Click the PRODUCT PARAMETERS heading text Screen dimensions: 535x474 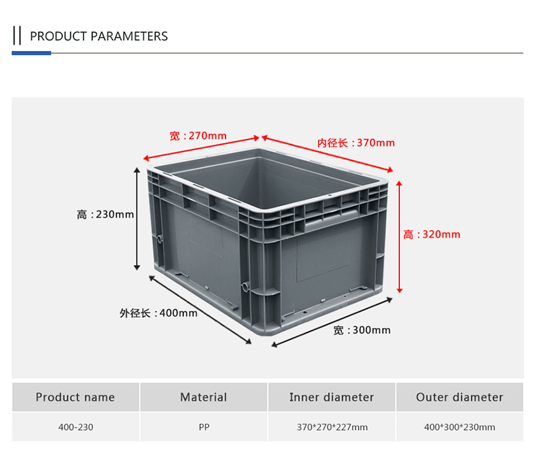click(99, 36)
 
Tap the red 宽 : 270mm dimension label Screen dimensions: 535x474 click(198, 136)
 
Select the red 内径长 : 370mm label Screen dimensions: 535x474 click(356, 143)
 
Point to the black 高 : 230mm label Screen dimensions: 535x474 click(105, 214)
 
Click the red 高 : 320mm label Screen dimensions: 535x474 click(432, 234)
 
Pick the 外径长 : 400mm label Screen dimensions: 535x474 click(159, 313)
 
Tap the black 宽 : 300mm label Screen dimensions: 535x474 click(362, 330)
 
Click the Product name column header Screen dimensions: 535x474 click(75, 397)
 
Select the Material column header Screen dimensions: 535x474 click(204, 397)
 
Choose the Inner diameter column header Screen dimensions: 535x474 click(332, 397)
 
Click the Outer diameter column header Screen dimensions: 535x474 click(460, 397)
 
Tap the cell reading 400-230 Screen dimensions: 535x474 click(76, 427)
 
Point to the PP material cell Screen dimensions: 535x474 click(204, 427)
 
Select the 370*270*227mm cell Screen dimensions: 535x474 click(332, 427)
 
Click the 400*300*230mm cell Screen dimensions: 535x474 click(460, 427)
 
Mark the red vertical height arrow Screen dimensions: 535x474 click(399, 237)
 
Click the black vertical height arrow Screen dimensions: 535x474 click(137, 219)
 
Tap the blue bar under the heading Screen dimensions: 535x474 click(31, 53)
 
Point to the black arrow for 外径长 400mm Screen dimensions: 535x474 click(200, 310)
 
